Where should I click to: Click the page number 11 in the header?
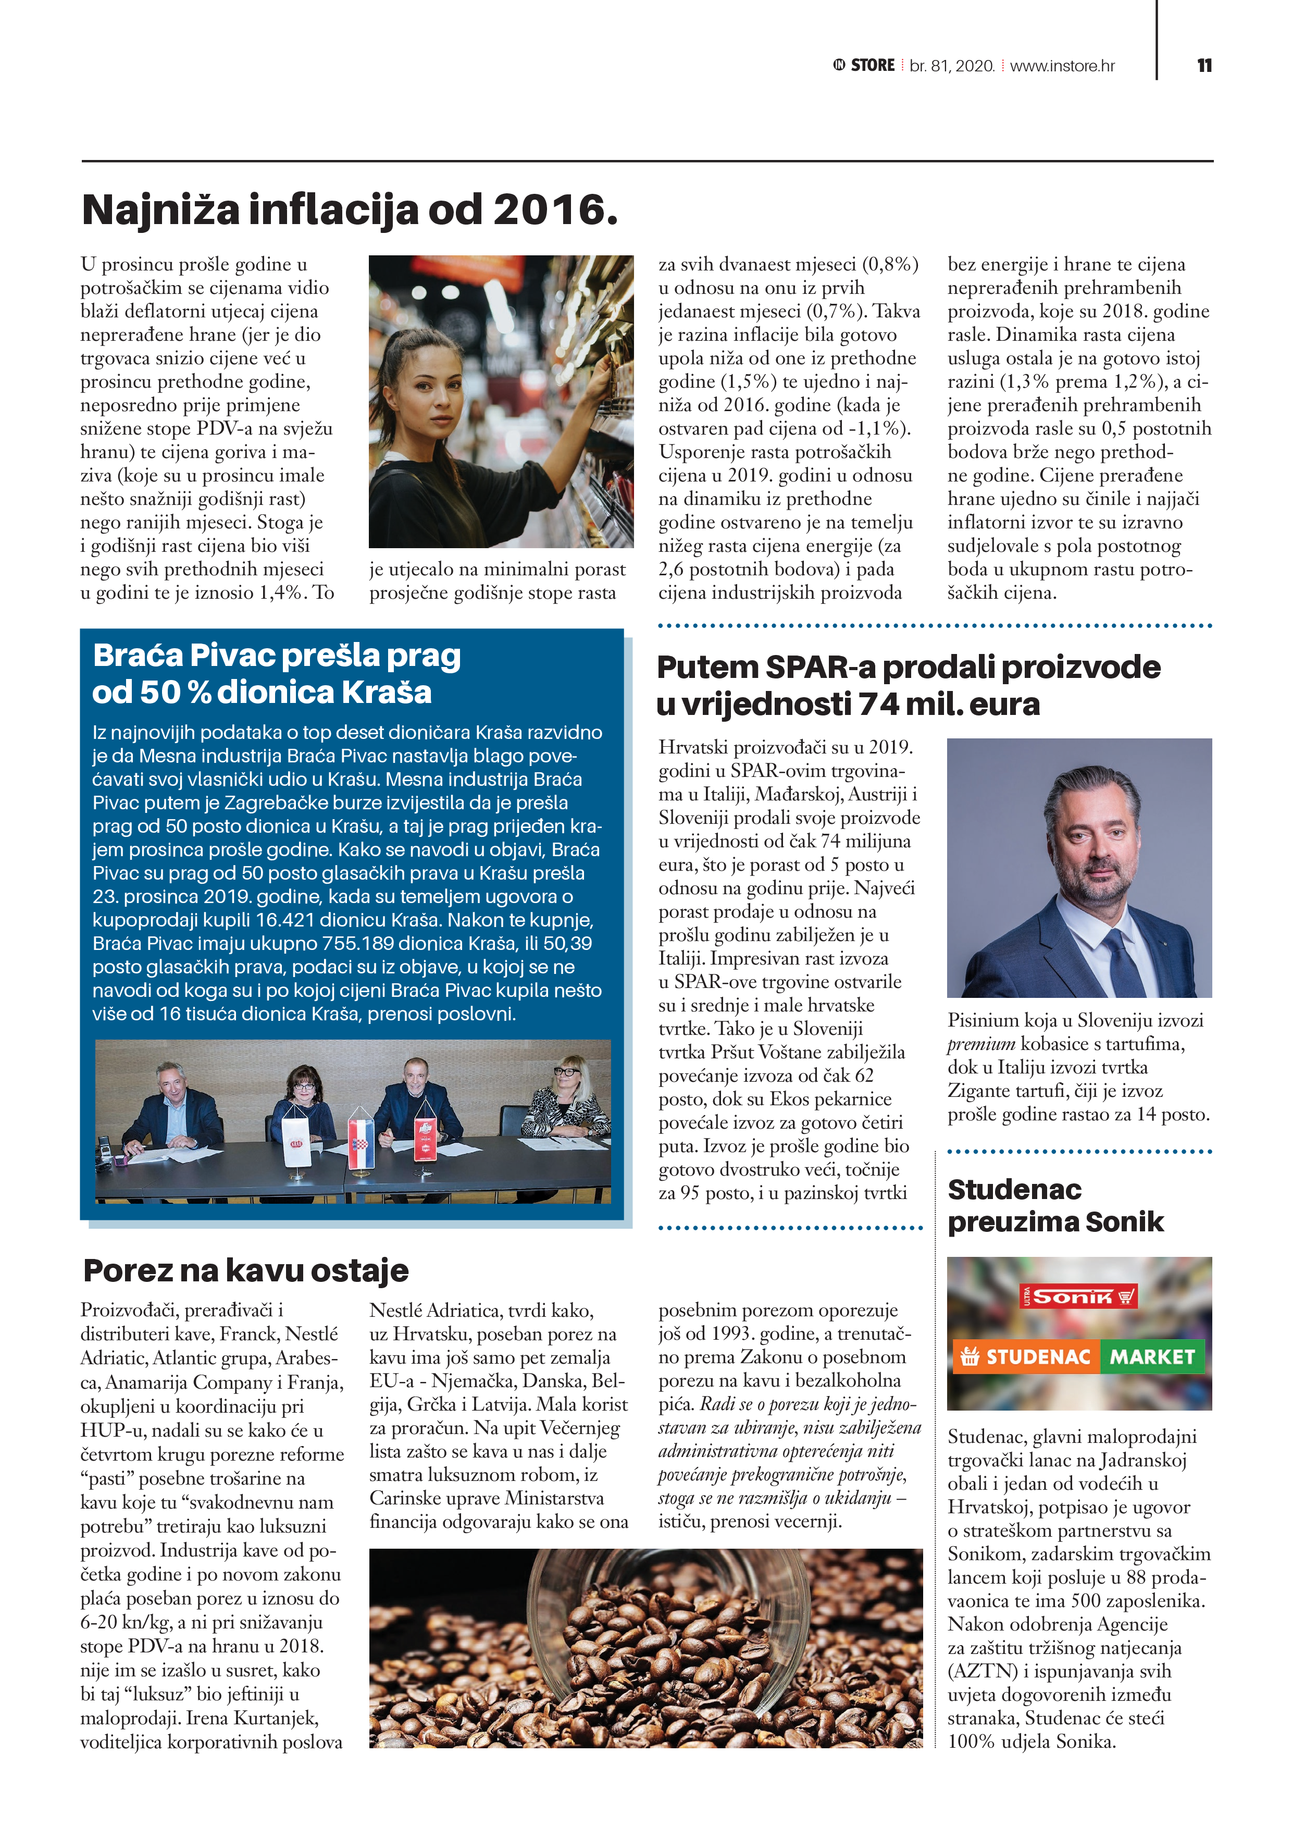pos(1203,65)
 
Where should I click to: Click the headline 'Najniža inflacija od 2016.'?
pos(350,209)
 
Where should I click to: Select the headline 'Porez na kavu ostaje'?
pos(246,1270)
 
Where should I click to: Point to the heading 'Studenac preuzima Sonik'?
pos(1055,1205)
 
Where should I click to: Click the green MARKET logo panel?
pos(1152,1356)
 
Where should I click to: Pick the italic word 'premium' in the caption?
pos(981,1044)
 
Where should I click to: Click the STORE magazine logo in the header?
pos(864,65)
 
